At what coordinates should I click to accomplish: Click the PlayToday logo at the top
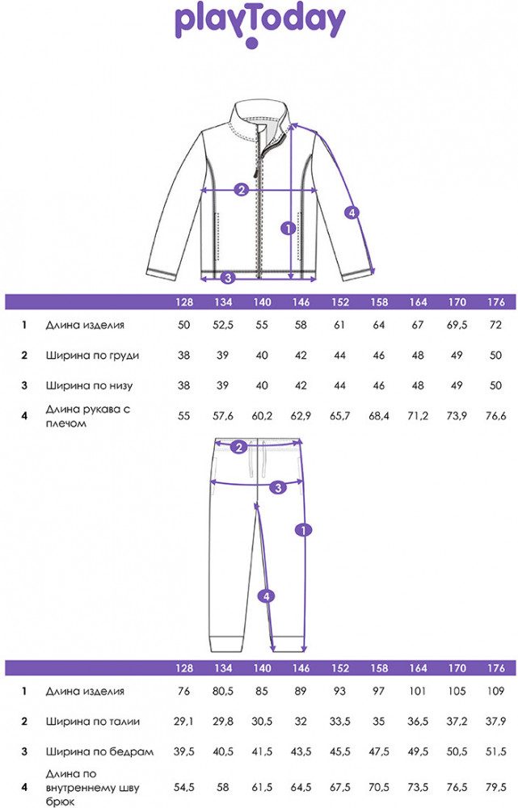click(x=259, y=26)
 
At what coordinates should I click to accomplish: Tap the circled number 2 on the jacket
click(x=241, y=190)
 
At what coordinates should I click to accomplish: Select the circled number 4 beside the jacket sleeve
click(x=352, y=213)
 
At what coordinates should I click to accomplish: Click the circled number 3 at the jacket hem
click(x=228, y=278)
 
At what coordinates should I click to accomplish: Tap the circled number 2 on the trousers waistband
click(x=238, y=448)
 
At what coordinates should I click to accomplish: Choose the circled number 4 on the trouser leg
click(x=266, y=596)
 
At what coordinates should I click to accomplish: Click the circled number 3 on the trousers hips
click(x=278, y=487)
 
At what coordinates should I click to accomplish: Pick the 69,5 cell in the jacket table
click(x=457, y=326)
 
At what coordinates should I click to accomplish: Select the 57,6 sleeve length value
click(x=223, y=416)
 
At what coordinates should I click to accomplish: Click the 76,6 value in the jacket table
click(x=496, y=416)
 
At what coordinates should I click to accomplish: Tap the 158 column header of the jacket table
click(x=379, y=302)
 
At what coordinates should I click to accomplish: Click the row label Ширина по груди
click(x=92, y=356)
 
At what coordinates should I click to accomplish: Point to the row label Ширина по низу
click(x=89, y=385)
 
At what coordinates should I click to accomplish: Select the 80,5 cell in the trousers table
click(x=223, y=691)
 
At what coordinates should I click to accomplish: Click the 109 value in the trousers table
click(x=496, y=691)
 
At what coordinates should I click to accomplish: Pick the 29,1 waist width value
click(x=183, y=722)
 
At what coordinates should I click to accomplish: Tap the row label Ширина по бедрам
click(x=99, y=751)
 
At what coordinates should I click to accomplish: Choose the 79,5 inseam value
click(x=496, y=787)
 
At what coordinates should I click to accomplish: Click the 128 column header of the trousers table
click(x=184, y=668)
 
